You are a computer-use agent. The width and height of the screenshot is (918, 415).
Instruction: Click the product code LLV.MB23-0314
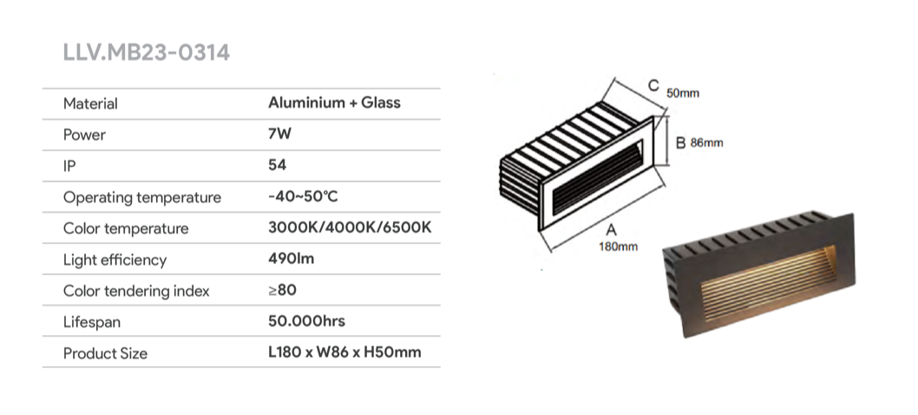coord(146,52)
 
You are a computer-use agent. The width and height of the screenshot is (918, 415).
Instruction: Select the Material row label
coord(90,103)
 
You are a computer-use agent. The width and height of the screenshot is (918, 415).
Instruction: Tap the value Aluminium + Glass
coord(334,102)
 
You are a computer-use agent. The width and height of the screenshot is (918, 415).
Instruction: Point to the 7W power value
coord(279,135)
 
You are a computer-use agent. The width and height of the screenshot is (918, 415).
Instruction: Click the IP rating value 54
coord(278,165)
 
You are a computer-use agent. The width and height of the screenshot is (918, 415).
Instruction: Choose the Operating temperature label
coord(141,197)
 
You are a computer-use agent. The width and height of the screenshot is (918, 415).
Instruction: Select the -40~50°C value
coord(303,196)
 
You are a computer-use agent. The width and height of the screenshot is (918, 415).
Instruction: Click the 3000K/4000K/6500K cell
coord(350,228)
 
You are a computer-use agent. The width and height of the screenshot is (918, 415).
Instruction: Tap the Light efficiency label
coord(115,260)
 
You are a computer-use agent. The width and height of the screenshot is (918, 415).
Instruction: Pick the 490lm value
coord(293,259)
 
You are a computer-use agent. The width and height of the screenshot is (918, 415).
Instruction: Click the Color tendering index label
coord(136,291)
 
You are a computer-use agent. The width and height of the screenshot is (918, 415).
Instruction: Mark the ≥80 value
coord(283,290)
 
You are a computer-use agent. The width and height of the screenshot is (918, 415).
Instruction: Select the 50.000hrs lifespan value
coord(307,321)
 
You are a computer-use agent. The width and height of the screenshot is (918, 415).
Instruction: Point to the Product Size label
coord(105,353)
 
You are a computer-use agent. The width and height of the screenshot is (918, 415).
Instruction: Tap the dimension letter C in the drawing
coord(653,85)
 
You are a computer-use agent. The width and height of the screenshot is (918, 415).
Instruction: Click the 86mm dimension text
coord(706,143)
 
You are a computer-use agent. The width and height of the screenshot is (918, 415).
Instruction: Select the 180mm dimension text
coord(618,247)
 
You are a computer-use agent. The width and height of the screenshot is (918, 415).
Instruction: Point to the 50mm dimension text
coord(683,93)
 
